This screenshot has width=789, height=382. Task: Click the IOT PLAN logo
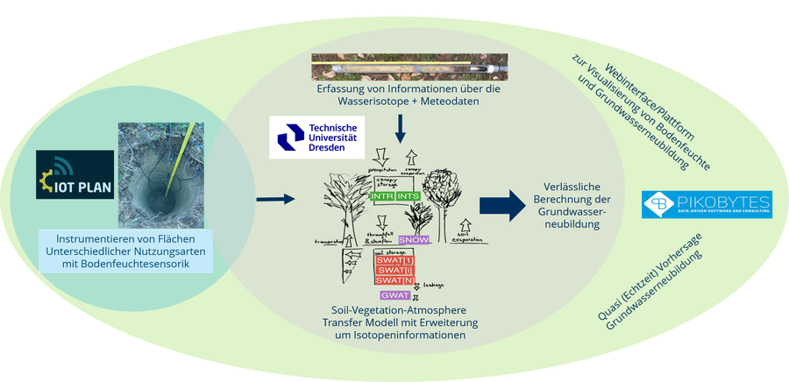pos(75,173)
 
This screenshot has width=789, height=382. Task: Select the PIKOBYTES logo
pos(707,204)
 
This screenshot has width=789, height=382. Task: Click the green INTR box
pos(382,197)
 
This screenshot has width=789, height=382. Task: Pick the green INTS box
pos(409,197)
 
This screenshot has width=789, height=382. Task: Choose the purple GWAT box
pos(390,294)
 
